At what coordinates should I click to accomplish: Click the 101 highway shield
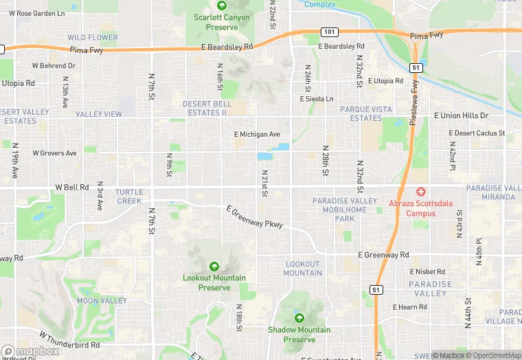coord(328,32)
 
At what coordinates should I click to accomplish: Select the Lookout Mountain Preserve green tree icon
coord(214,267)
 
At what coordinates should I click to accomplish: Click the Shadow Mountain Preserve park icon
coord(299,318)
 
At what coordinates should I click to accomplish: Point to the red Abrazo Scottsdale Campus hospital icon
coord(420,192)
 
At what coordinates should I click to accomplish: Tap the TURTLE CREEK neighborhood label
coord(129,196)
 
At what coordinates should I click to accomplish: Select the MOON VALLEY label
coord(102,301)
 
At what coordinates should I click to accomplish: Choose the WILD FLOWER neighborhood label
coord(93,37)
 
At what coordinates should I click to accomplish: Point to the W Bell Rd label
coord(71,187)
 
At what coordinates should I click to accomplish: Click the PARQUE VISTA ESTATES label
coord(366,113)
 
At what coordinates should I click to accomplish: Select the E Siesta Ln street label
coord(317,99)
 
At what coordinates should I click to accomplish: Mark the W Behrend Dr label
coord(54,66)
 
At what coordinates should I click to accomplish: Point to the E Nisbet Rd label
coord(429,271)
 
